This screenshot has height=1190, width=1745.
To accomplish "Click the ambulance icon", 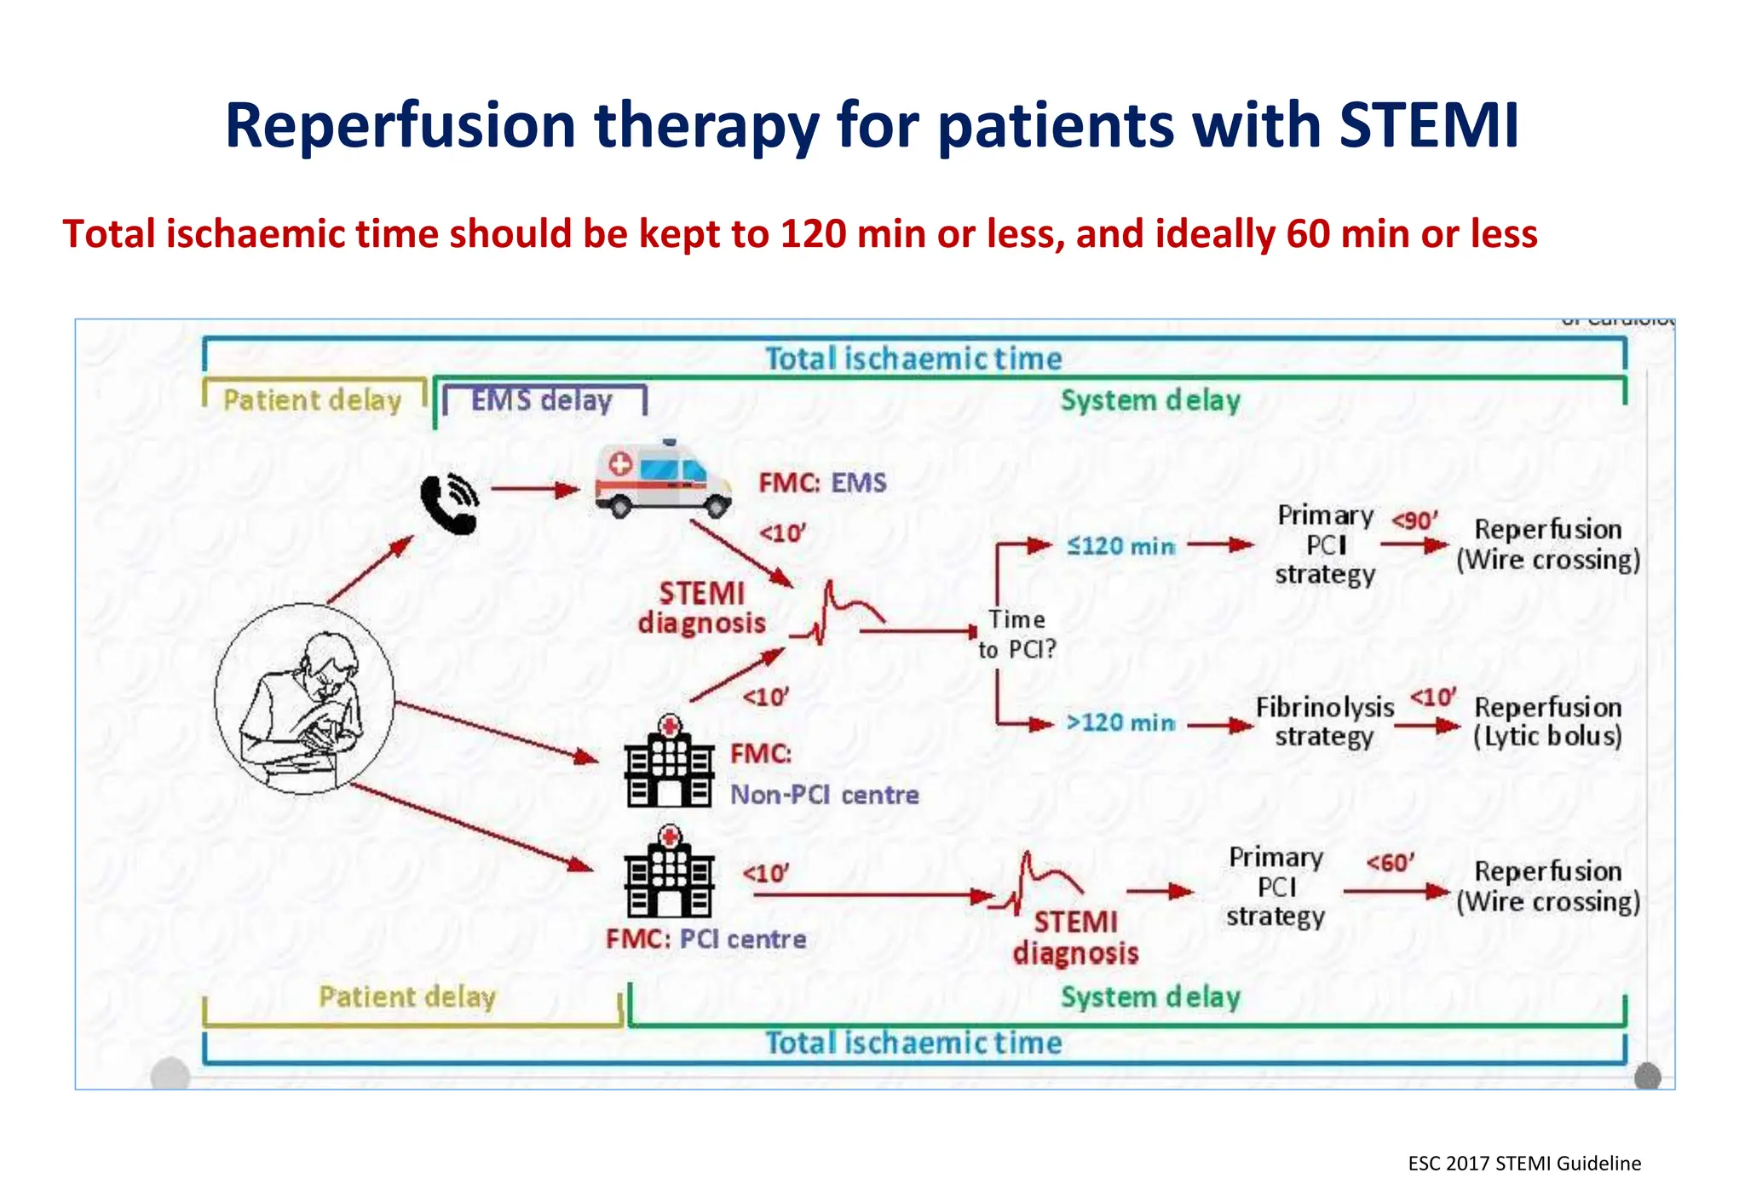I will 663,480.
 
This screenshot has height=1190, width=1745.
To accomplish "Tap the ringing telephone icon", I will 449,503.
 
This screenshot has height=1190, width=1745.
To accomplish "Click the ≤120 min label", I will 1120,546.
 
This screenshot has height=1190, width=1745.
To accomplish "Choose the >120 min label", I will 1120,723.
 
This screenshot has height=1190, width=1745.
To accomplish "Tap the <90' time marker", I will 1414,520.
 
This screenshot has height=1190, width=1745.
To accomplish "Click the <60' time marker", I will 1390,863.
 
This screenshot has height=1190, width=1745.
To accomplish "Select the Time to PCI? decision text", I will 1016,635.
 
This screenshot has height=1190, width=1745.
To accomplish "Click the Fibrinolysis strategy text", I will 1324,721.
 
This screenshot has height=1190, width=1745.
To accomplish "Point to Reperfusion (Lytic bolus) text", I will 1547,721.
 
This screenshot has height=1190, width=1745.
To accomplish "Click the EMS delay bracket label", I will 542,400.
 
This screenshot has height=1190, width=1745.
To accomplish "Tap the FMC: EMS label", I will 822,483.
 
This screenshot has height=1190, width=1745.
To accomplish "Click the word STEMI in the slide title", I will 1429,126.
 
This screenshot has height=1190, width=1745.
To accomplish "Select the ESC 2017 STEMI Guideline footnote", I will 1523,1164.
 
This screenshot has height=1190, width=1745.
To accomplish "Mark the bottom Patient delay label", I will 406,997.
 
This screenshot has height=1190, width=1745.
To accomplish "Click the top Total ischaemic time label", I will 913,359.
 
